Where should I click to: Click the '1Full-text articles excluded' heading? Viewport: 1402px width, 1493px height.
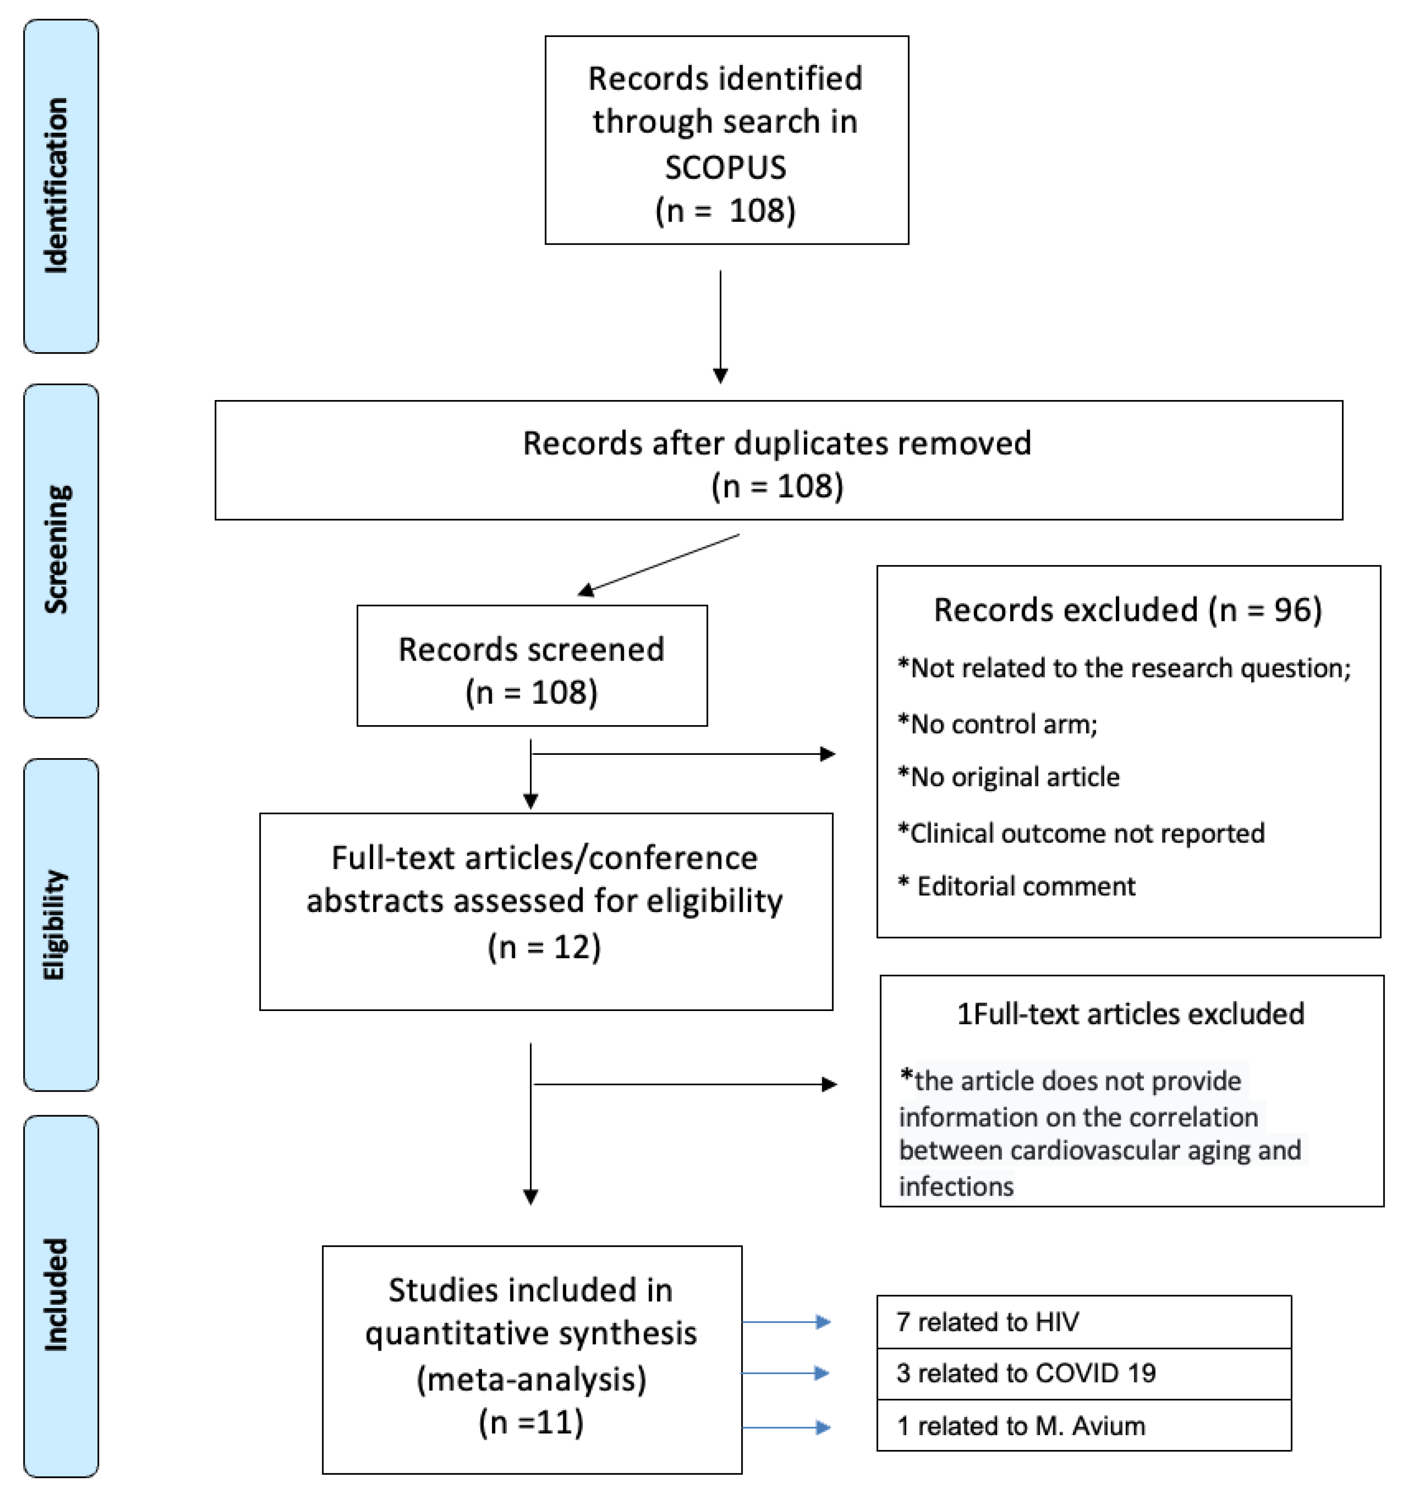point(1130,1014)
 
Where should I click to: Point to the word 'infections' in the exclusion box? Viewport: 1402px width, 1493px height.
point(956,1187)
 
